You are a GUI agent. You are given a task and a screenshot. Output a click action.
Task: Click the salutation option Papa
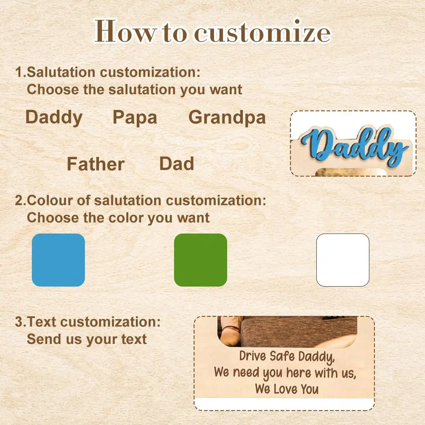pos(135,118)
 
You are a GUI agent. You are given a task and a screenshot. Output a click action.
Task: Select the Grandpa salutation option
pos(227,118)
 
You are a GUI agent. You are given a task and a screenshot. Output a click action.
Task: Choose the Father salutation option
pos(96,164)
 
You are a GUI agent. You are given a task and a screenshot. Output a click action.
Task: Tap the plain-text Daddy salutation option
pos(54,118)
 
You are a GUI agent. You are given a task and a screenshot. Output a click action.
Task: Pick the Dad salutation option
pos(177,164)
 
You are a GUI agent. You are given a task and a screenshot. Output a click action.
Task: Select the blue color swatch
pos(58,260)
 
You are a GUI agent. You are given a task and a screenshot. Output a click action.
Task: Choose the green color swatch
pos(200,260)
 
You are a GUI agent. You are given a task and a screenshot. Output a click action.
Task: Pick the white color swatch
pos(343,260)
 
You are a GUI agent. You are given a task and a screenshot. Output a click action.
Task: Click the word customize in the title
pos(262,32)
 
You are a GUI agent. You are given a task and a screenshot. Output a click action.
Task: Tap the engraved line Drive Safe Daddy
pos(287,357)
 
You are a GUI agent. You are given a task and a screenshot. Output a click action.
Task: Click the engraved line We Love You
pos(287,388)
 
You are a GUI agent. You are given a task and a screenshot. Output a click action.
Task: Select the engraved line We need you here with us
pos(285,373)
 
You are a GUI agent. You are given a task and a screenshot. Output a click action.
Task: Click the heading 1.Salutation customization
pos(107,72)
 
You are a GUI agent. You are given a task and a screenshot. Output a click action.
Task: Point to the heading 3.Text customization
pos(88,322)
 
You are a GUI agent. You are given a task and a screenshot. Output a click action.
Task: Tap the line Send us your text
pos(87,339)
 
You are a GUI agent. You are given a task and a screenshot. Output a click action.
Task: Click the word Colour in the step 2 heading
pos(50,200)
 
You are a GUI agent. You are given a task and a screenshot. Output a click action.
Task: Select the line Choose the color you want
pos(118,218)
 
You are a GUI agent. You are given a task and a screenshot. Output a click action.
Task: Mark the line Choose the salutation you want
pos(135,90)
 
